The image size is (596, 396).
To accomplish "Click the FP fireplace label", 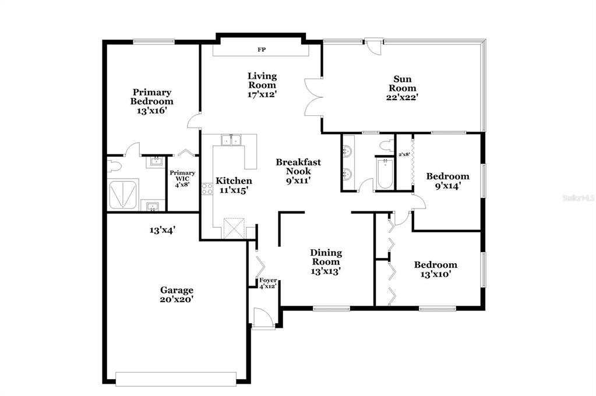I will (262, 50).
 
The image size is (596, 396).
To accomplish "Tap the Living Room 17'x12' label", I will (262, 85).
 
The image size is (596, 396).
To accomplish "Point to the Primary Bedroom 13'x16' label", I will (151, 101).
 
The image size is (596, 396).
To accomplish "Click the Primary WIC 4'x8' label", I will (182, 178).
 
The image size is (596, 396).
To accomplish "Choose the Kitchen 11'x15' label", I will (234, 185).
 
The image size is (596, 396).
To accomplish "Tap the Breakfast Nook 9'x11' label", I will (298, 171).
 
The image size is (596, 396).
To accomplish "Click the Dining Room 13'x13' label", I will (326, 261).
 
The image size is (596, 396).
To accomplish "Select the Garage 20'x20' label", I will (177, 294).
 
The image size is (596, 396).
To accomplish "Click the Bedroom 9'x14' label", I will (447, 181).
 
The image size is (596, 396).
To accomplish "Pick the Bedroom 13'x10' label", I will (435, 269).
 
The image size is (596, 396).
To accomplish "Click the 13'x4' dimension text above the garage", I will (163, 230).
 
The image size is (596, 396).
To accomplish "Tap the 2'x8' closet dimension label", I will (404, 154).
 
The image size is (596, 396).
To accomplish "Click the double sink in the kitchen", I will (231, 140).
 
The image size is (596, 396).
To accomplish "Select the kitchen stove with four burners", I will (206, 188).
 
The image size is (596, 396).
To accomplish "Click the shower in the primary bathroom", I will (123, 195).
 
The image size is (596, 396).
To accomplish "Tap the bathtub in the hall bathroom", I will (385, 175).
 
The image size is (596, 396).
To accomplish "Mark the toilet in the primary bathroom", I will (114, 167).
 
